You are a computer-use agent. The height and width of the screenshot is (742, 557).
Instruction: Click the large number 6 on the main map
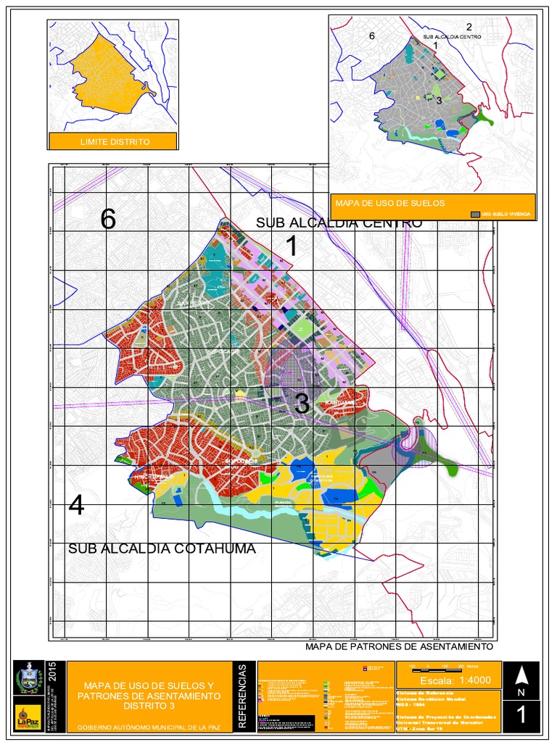(108, 219)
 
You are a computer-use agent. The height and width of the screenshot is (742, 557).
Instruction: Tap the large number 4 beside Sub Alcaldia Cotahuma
(76, 505)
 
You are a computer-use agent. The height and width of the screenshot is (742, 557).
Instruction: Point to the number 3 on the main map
(302, 404)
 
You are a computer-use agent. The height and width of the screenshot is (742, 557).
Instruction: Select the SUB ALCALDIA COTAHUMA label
(162, 549)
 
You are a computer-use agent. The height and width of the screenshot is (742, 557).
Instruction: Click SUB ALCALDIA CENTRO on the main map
(339, 222)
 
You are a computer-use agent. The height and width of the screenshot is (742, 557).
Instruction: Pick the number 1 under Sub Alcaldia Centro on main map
(292, 247)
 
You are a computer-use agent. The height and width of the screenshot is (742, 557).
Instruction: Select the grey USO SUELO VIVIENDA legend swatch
(475, 214)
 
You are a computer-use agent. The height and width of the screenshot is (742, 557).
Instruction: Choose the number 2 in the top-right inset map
(469, 27)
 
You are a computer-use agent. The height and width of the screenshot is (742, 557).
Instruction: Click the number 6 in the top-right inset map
(372, 36)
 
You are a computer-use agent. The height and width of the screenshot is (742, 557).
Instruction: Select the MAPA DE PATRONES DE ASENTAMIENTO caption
(399, 646)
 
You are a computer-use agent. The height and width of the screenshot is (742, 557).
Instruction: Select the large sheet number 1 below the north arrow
(521, 715)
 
